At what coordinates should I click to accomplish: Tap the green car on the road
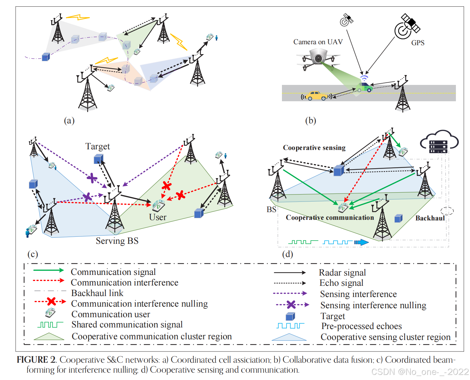(x=364, y=87)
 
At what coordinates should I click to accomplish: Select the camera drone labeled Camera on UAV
(x=318, y=59)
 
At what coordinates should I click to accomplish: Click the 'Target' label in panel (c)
(x=97, y=146)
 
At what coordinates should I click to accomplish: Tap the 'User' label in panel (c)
(x=158, y=217)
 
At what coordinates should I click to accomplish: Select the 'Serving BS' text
(x=117, y=241)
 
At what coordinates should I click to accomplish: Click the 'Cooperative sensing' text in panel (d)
(x=314, y=148)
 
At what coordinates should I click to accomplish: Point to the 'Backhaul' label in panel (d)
(x=430, y=218)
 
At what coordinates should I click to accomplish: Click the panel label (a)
(x=69, y=120)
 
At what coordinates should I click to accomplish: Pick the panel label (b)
(x=310, y=120)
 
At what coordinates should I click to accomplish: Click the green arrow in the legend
(x=48, y=270)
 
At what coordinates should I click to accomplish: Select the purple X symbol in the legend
(x=291, y=304)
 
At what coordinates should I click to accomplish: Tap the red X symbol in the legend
(x=51, y=302)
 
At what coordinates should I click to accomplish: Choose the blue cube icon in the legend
(x=290, y=317)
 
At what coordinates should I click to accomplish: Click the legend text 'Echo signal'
(x=341, y=283)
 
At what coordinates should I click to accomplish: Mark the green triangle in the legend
(x=49, y=336)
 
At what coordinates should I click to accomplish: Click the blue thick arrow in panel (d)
(x=361, y=242)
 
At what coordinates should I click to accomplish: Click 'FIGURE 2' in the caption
(x=37, y=360)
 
